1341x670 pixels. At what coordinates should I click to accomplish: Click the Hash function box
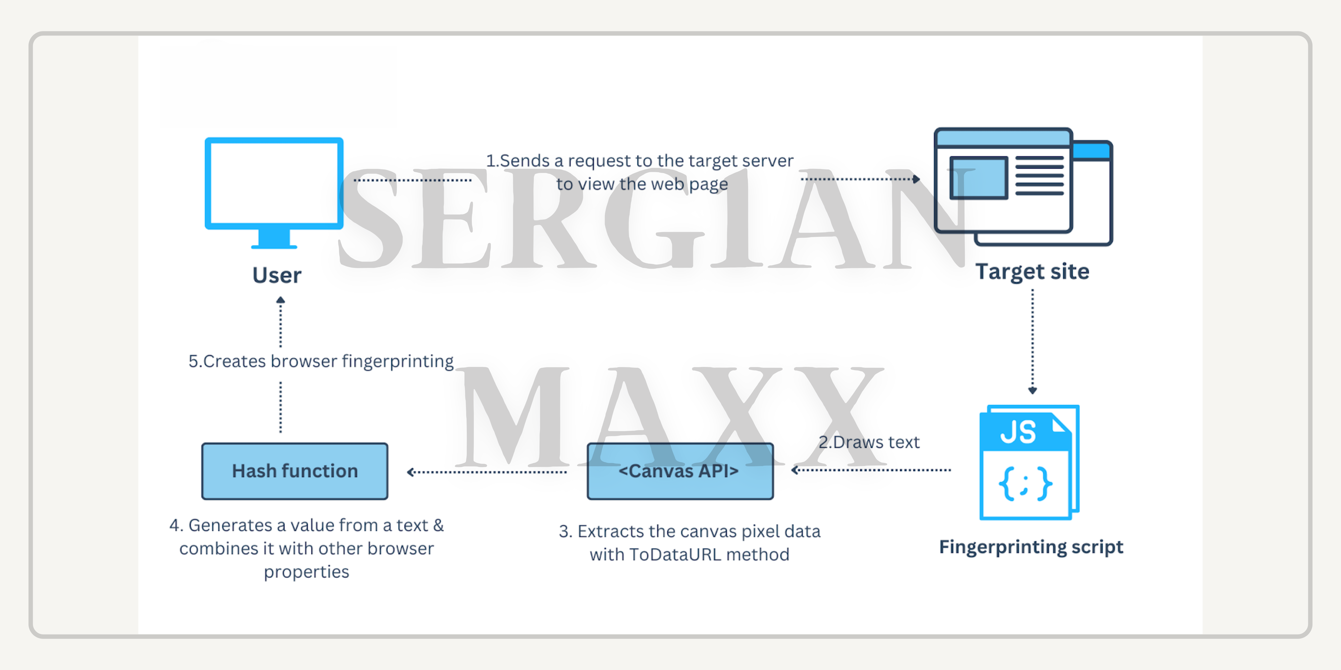click(x=295, y=471)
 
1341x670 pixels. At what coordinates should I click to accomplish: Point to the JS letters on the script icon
click(x=1018, y=432)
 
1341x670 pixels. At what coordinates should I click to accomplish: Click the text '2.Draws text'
click(x=869, y=442)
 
